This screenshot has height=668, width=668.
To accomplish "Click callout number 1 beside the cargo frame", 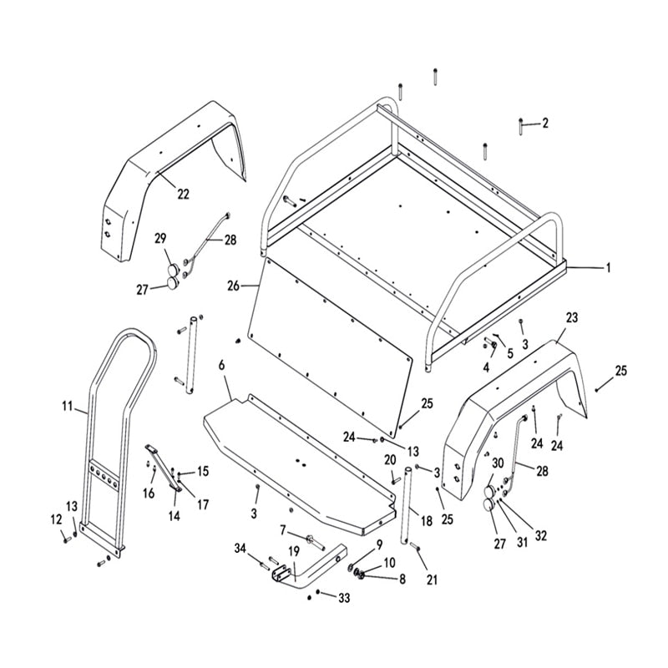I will click(609, 268).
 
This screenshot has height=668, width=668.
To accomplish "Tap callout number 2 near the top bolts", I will click(544, 124).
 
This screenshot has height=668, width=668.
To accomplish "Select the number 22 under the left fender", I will click(183, 194).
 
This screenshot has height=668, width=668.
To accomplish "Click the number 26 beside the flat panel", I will click(233, 286).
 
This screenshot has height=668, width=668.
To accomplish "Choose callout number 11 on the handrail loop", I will click(68, 407).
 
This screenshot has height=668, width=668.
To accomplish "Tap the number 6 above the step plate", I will click(221, 366).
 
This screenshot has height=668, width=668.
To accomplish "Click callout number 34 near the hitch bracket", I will click(241, 548).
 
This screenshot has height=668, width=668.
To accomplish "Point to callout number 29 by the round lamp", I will click(161, 239).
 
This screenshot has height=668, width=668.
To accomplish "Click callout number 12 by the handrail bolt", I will click(57, 519).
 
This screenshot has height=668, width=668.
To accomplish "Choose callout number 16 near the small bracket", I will click(149, 493).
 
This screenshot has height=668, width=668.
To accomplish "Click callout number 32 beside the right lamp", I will click(541, 536).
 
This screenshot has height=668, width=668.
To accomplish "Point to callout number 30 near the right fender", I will click(498, 463).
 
